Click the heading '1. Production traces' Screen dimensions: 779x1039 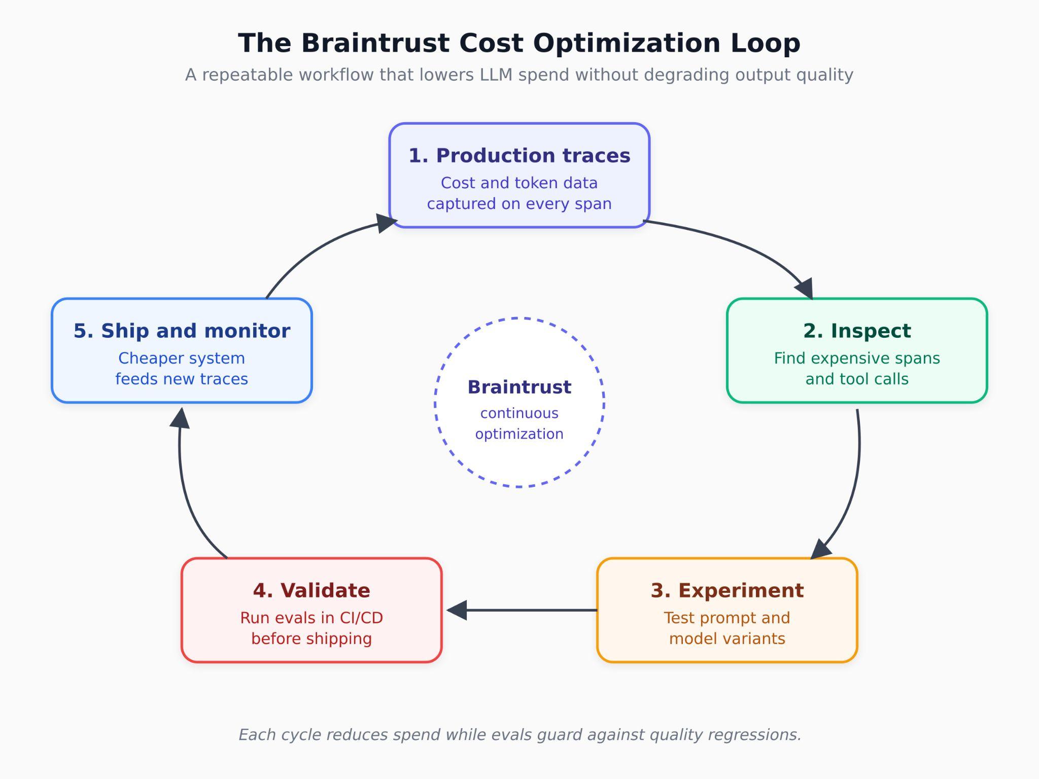click(x=519, y=156)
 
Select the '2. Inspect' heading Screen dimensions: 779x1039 click(x=857, y=331)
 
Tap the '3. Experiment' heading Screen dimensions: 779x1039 click(x=727, y=591)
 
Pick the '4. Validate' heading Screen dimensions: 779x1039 click(x=311, y=591)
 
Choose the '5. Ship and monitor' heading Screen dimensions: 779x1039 click(x=182, y=331)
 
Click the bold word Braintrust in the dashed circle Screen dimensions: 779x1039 click(x=519, y=387)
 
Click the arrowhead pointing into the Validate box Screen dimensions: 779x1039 click(x=457, y=610)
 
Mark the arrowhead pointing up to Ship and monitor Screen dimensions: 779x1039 click(x=180, y=418)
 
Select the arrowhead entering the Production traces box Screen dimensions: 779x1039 click(x=387, y=223)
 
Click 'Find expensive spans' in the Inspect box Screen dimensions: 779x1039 click(x=857, y=359)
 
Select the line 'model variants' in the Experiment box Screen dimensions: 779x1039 click(x=727, y=639)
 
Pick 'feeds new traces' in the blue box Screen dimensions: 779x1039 click(x=182, y=379)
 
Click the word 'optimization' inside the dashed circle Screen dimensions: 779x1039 click(x=519, y=434)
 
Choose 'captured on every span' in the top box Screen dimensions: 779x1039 click(x=519, y=204)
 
